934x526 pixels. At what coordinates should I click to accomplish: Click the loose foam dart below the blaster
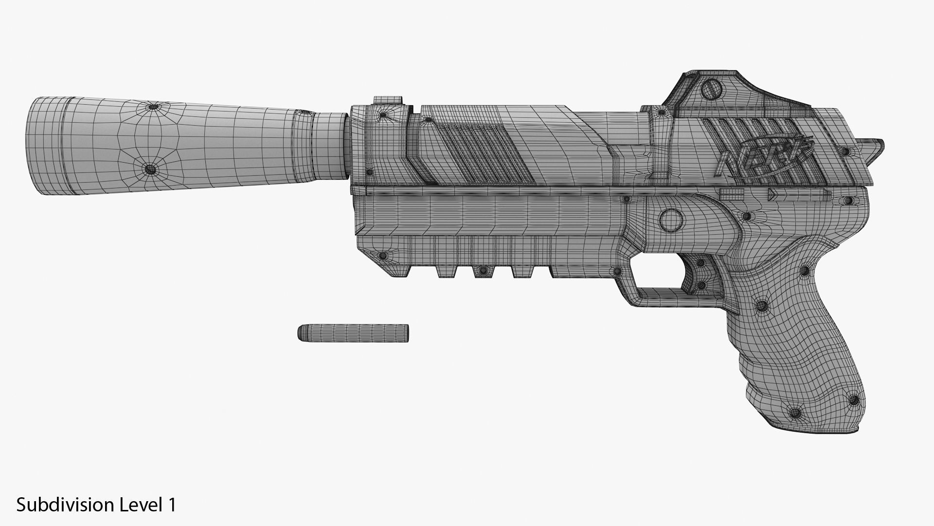tap(353, 332)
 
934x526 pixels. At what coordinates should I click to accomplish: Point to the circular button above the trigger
tap(671, 220)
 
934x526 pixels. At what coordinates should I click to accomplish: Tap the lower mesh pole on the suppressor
tap(151, 169)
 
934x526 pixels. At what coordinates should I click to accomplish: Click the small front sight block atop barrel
tap(388, 100)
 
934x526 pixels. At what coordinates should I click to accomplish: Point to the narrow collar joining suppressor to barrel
tap(331, 145)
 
